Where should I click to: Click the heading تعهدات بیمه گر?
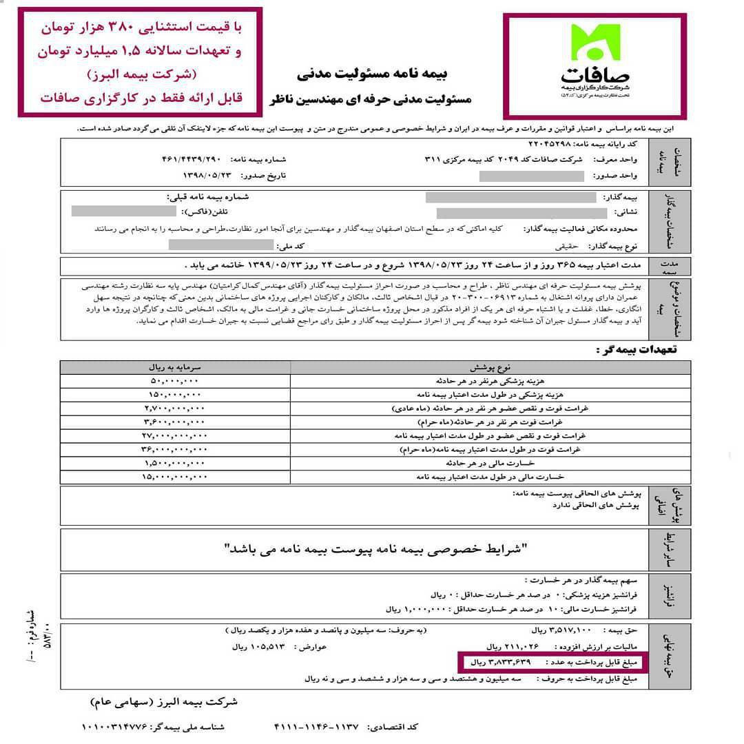(x=637, y=350)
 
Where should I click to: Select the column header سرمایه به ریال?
(x=175, y=367)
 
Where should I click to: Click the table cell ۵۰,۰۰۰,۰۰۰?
(x=174, y=381)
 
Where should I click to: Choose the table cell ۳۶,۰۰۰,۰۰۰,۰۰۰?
(x=174, y=450)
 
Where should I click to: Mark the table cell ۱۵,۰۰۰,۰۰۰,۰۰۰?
(x=174, y=477)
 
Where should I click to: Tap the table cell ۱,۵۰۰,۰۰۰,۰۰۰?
(x=174, y=463)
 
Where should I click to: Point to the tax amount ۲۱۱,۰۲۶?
(x=517, y=647)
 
